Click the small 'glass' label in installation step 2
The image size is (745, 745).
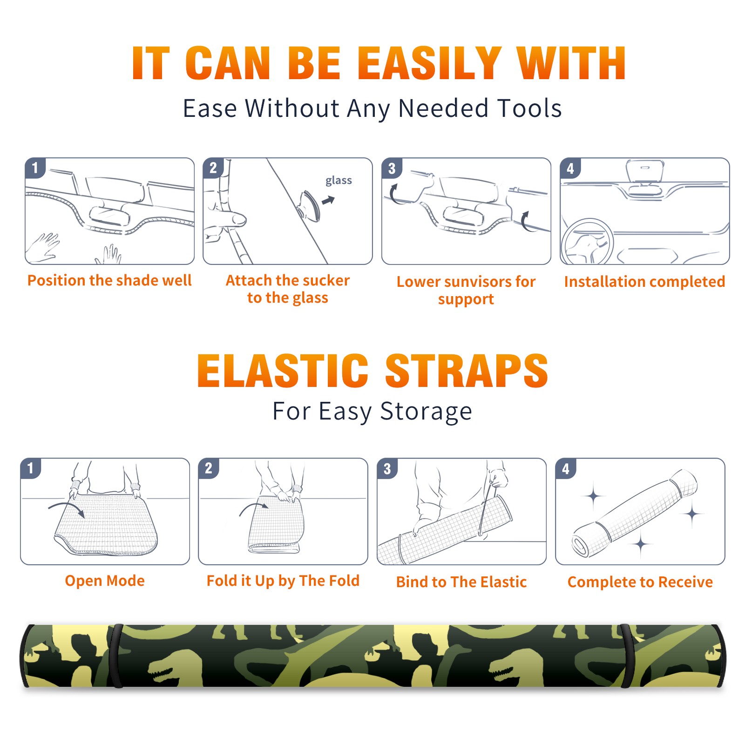(339, 181)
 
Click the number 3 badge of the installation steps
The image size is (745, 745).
(392, 168)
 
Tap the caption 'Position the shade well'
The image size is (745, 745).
(109, 280)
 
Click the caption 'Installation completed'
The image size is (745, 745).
(644, 281)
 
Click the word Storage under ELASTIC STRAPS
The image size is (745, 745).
(426, 412)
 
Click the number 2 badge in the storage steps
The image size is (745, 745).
(209, 468)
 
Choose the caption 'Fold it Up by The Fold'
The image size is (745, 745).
(283, 581)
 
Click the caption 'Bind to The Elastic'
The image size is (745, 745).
(461, 582)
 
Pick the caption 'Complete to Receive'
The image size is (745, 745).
(640, 582)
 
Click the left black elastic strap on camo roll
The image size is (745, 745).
(116, 656)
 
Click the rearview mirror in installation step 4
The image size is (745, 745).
(645, 171)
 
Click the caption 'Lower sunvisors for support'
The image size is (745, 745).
(466, 290)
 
